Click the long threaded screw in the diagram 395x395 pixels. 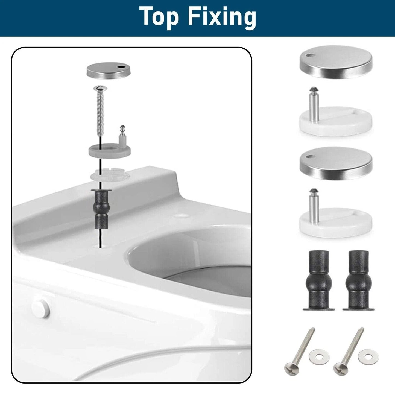tap(100, 111)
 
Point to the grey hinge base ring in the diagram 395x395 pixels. tap(110, 151)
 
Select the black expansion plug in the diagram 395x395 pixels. tap(101, 209)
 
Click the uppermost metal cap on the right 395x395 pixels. tap(336, 62)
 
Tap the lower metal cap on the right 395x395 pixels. tap(336, 163)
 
